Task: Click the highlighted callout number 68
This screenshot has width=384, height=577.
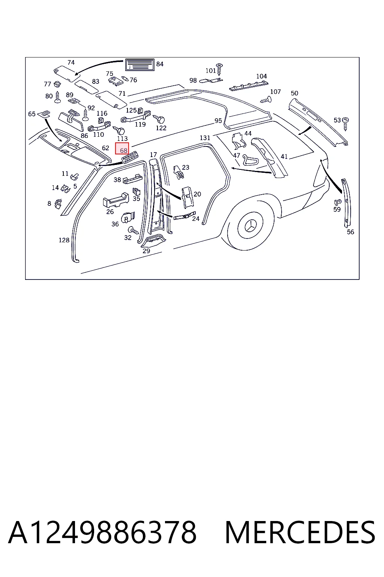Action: (x=122, y=148)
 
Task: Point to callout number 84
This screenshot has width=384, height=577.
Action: (x=160, y=64)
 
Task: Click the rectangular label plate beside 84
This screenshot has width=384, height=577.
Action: (x=139, y=65)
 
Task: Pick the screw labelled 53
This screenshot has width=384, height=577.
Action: (x=345, y=124)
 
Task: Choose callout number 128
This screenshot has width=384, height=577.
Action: (x=64, y=240)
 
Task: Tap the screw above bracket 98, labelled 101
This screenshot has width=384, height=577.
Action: (x=219, y=69)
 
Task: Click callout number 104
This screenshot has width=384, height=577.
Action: (x=261, y=76)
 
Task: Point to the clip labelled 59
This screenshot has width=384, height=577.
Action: (x=337, y=202)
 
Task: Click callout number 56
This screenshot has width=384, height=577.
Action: (x=350, y=232)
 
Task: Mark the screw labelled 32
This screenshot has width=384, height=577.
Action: (x=133, y=230)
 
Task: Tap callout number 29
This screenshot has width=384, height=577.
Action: (x=146, y=251)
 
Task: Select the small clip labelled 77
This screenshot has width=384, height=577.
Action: (x=57, y=84)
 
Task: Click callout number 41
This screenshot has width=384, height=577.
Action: (x=284, y=156)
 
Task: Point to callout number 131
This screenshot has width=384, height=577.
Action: (x=205, y=138)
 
